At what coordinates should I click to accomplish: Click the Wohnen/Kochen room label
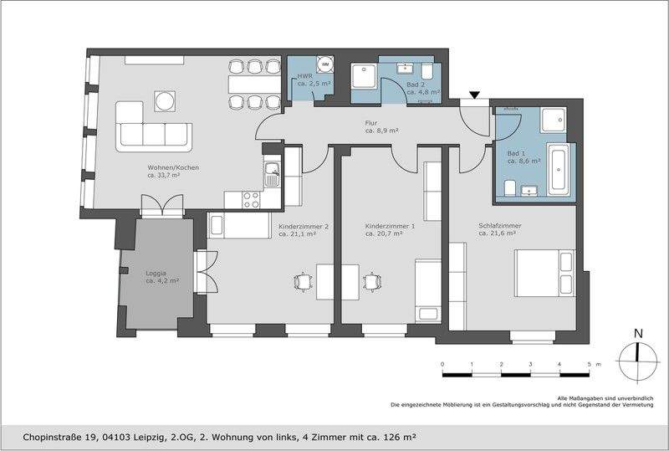173,168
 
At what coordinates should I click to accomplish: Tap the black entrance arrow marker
474,95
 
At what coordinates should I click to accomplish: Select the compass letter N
638,334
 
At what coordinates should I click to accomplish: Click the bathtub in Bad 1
559,169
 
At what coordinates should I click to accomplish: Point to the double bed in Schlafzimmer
545,274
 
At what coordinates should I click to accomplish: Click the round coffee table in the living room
164,101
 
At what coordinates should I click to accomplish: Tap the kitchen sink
272,175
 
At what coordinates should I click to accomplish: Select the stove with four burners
251,200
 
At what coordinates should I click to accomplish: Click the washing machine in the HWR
326,64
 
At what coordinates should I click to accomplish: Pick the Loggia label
156,273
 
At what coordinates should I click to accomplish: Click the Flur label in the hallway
371,124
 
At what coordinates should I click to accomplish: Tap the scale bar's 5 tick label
589,364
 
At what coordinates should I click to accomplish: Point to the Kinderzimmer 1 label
390,226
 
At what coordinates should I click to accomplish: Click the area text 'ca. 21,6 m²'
498,233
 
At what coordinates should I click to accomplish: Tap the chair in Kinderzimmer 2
303,282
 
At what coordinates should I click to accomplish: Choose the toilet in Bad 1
510,188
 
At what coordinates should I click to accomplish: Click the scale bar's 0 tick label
442,364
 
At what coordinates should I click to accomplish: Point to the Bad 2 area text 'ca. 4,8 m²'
423,92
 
